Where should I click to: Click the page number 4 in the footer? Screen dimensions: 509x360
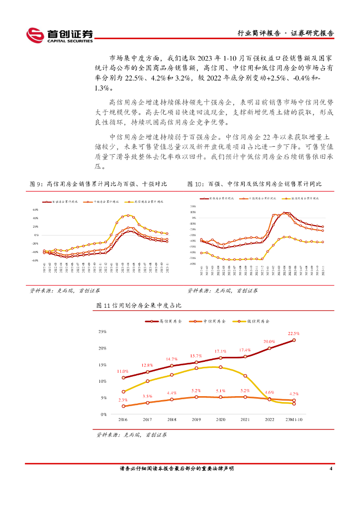[x=331, y=469]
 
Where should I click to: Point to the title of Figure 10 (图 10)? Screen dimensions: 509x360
[x=254, y=184]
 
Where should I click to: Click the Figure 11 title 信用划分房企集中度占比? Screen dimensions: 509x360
[x=139, y=305]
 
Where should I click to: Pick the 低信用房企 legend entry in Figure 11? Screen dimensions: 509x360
[x=256, y=321]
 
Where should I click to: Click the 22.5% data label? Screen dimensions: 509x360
[x=293, y=334]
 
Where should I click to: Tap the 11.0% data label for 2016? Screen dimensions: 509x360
[x=123, y=371]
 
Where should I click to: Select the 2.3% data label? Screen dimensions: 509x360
[x=123, y=400]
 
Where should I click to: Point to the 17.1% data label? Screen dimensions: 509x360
[x=220, y=351]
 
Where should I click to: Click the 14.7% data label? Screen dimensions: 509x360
[x=172, y=359]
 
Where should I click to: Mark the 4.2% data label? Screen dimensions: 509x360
[x=293, y=394]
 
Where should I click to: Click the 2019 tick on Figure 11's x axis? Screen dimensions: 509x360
[x=196, y=420]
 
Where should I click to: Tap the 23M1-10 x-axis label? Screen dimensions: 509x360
[x=293, y=420]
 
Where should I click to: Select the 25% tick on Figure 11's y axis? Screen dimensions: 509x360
[x=102, y=331]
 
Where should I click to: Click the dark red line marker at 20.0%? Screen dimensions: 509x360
[x=270, y=348]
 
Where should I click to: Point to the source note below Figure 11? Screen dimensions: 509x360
[x=131, y=434]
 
